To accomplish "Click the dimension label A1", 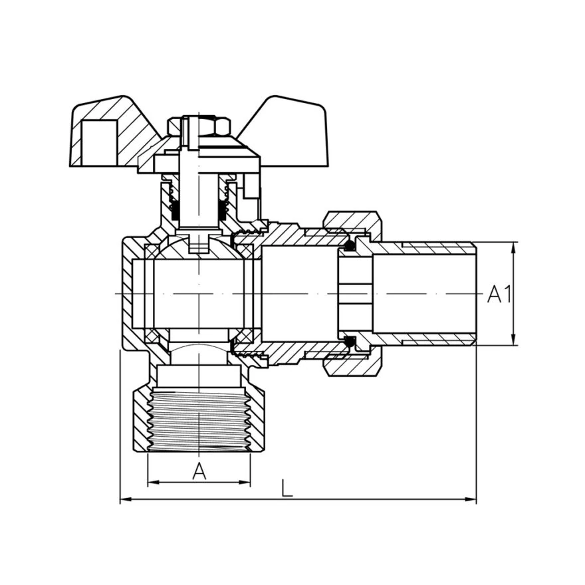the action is [x=499, y=294].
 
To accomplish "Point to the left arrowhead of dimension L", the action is [x=126, y=499].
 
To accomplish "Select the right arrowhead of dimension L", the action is [x=471, y=499].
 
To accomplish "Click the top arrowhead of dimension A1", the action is [x=515, y=248].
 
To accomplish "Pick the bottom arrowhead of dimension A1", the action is [x=515, y=340].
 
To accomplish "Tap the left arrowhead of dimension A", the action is [x=154, y=483].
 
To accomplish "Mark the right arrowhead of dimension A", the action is [x=245, y=483].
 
